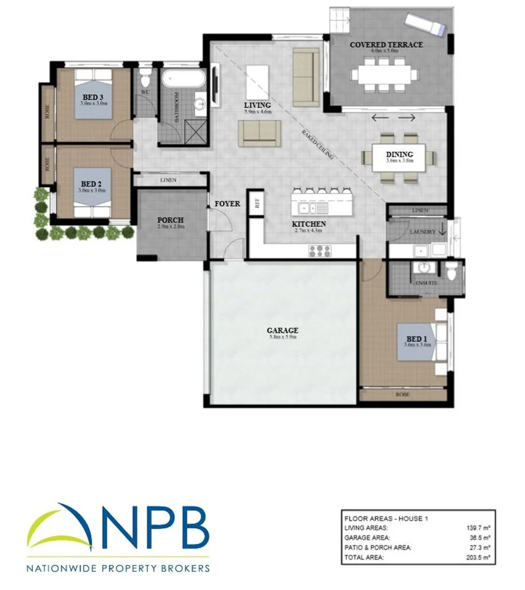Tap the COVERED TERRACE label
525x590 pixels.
tap(386, 44)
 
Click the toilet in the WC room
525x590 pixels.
tap(146, 77)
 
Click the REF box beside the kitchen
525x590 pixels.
tap(256, 203)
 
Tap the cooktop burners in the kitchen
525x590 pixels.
tap(319, 251)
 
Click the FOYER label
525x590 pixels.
tap(227, 204)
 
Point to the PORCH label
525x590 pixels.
tap(170, 220)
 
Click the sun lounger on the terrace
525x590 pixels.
tap(425, 25)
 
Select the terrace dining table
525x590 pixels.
tap(385, 73)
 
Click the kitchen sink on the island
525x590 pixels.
tap(309, 208)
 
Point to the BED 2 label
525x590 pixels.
tap(90, 184)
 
